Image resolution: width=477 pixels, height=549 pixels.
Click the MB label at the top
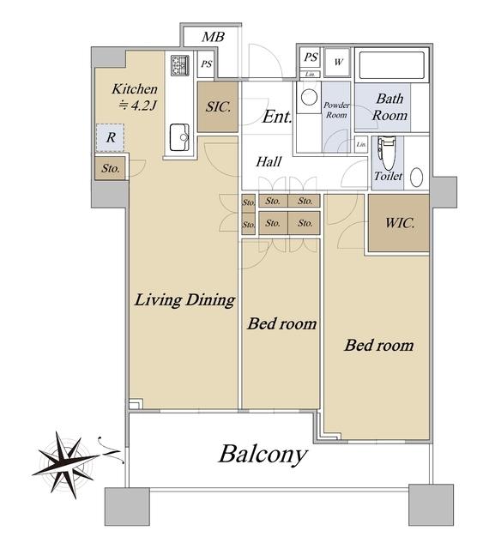(213, 36)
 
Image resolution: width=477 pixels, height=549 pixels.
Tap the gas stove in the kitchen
(179, 65)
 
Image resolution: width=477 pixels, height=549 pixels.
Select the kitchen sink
(179, 137)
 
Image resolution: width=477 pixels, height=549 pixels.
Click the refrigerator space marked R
(111, 137)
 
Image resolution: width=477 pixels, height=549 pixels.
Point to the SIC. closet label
(218, 106)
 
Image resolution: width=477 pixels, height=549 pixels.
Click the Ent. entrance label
(277, 117)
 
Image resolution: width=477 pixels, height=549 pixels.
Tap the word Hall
(269, 162)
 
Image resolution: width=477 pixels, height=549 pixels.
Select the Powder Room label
(336, 110)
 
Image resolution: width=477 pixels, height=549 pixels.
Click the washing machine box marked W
(338, 63)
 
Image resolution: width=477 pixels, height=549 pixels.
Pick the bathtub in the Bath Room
(392, 65)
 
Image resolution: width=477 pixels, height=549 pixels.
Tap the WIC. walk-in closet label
(400, 223)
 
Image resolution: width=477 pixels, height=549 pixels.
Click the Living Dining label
(184, 300)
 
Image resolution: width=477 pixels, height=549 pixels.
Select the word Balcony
(263, 455)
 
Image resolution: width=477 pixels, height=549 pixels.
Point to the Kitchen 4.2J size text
(135, 97)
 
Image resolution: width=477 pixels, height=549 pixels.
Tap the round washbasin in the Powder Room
(309, 97)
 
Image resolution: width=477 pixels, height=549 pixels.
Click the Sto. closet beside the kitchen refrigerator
(111, 168)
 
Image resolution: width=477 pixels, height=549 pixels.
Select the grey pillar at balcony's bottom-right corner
(432, 504)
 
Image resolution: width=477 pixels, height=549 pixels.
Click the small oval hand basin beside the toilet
(416, 178)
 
